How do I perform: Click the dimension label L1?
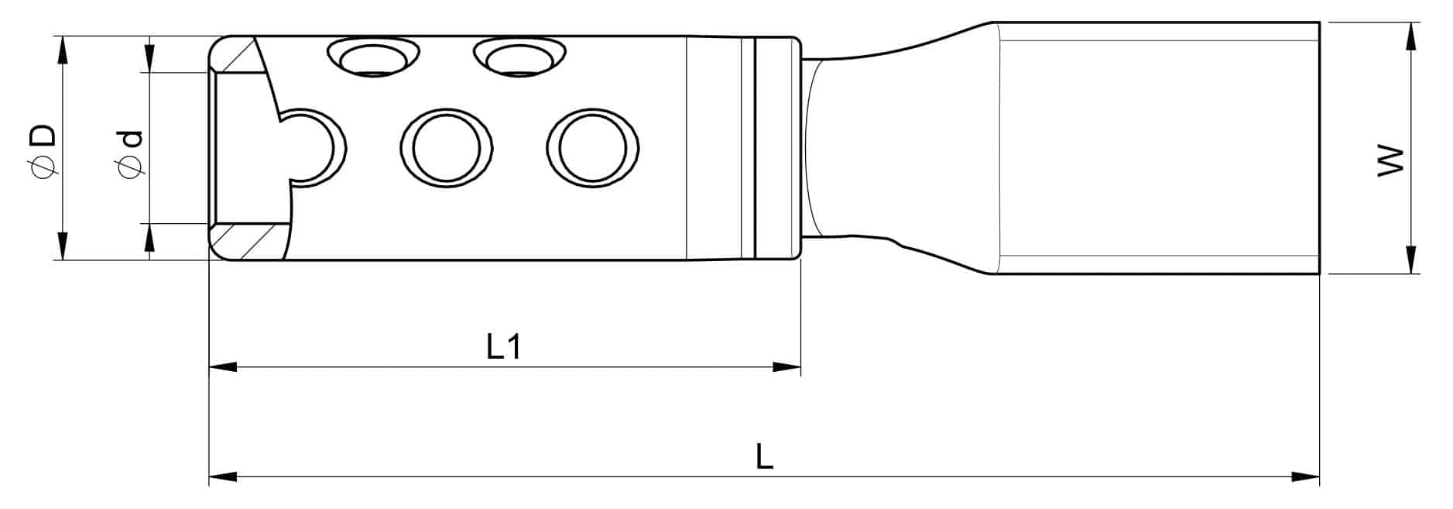click(503, 346)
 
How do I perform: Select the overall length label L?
click(764, 456)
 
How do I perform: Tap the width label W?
click(1390, 160)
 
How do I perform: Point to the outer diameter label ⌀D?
click(43, 148)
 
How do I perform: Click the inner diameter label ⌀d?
click(129, 153)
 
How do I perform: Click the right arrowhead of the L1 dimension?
click(786, 366)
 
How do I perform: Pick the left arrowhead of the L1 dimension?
click(223, 366)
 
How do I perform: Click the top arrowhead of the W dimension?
click(1412, 36)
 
